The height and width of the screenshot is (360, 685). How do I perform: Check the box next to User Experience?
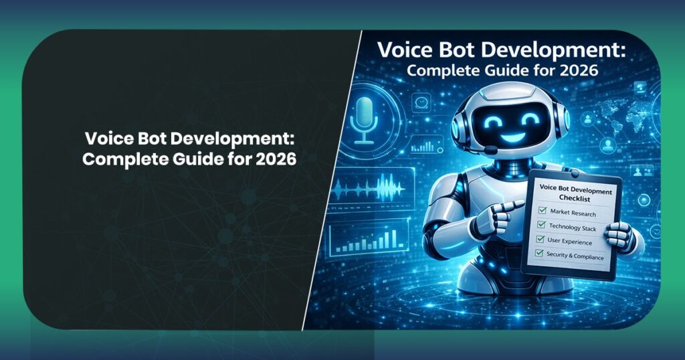pyautogui.click(x=540, y=240)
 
